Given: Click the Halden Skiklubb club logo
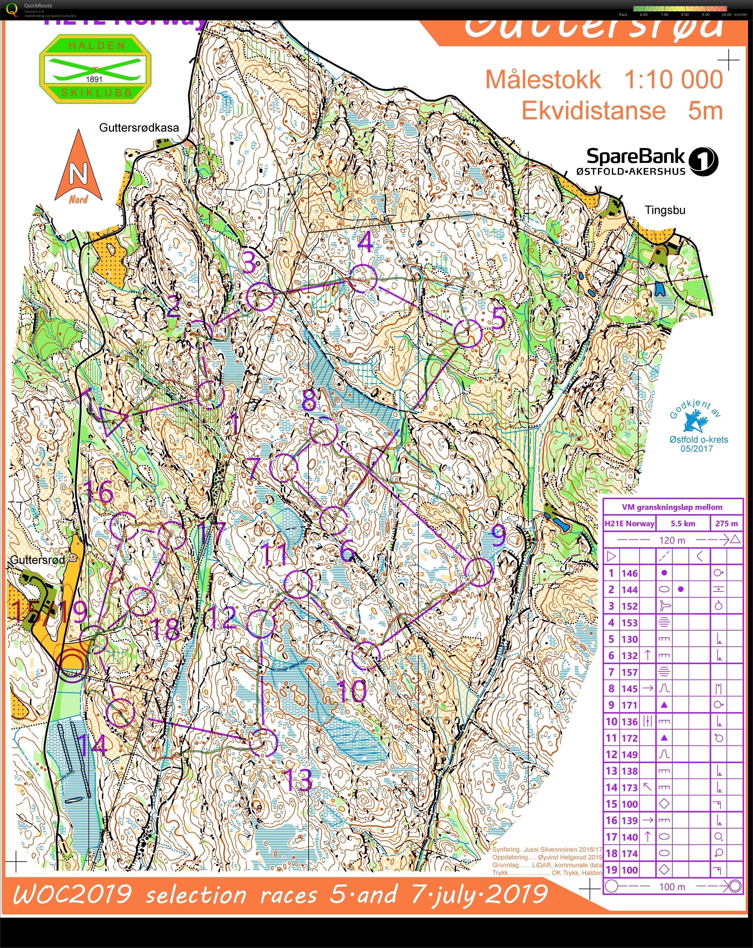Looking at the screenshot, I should point(95,70).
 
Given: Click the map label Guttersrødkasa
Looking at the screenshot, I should point(139,128).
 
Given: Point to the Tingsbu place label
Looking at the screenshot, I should point(665,210).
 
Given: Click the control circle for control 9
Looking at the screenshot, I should point(479,572).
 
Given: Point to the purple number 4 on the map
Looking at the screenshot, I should point(366,242).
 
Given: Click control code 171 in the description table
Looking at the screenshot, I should point(629,705).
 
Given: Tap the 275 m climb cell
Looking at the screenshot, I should point(726,523).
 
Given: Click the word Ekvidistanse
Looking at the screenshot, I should point(593,111).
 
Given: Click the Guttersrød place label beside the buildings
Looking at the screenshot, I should point(37,560).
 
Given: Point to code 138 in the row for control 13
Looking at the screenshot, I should point(629,771).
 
